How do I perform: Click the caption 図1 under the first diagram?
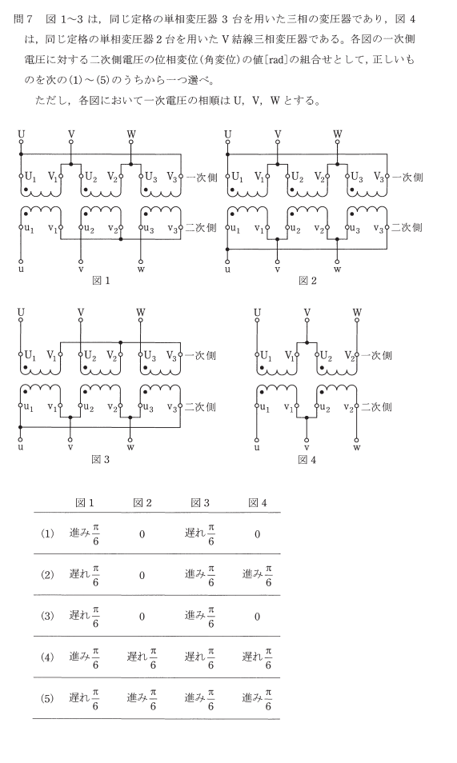(x=101, y=281)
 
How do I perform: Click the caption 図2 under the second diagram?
(x=307, y=281)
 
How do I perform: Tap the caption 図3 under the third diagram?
(x=101, y=460)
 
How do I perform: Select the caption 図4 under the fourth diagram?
(x=307, y=460)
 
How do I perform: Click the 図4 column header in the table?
(x=258, y=503)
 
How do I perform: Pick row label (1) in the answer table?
(x=47, y=534)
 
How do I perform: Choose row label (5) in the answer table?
(x=47, y=699)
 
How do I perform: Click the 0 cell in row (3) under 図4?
(x=257, y=617)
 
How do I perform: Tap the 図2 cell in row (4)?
(x=142, y=658)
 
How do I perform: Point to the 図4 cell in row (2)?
(x=257, y=576)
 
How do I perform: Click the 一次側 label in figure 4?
(x=377, y=356)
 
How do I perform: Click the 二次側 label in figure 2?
(x=407, y=227)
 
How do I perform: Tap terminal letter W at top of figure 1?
(x=131, y=134)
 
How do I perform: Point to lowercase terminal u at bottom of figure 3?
(x=21, y=446)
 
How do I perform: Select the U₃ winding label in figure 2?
(x=357, y=177)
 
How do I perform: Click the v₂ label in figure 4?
(x=348, y=408)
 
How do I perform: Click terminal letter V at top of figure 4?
(x=307, y=312)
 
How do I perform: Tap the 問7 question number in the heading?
(x=23, y=19)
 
